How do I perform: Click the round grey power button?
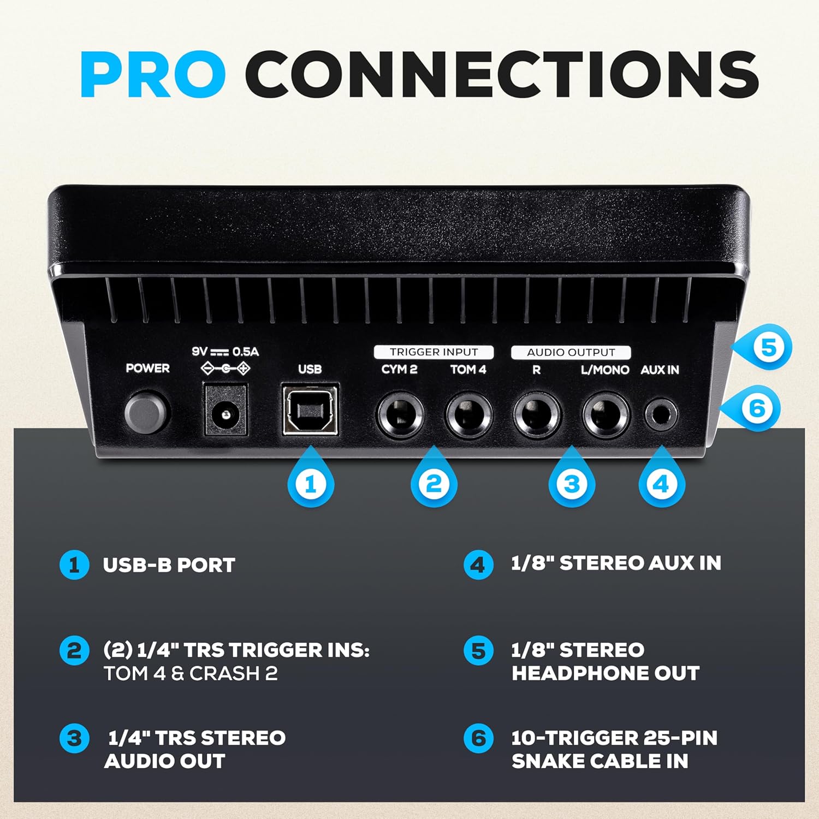(146, 413)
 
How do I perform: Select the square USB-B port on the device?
(310, 410)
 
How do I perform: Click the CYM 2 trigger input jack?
(401, 416)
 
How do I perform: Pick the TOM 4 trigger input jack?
(469, 416)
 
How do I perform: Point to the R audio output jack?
(537, 416)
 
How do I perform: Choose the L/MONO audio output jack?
(606, 416)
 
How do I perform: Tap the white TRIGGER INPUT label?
(434, 352)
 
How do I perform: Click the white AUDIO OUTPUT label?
(571, 352)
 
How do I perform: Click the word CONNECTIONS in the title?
(502, 74)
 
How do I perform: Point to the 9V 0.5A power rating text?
(225, 352)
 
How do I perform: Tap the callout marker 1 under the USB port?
(311, 480)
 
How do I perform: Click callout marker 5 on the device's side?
(763, 347)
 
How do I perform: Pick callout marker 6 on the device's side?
(752, 408)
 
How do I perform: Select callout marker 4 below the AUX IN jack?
(661, 480)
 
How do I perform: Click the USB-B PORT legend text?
(169, 565)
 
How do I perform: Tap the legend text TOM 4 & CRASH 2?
(191, 673)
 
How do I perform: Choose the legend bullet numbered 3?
(74, 739)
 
